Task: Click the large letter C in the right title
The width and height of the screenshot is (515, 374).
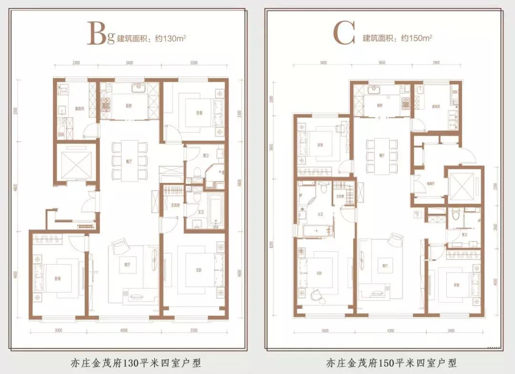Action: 344,35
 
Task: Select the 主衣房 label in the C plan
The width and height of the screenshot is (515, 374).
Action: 340,196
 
